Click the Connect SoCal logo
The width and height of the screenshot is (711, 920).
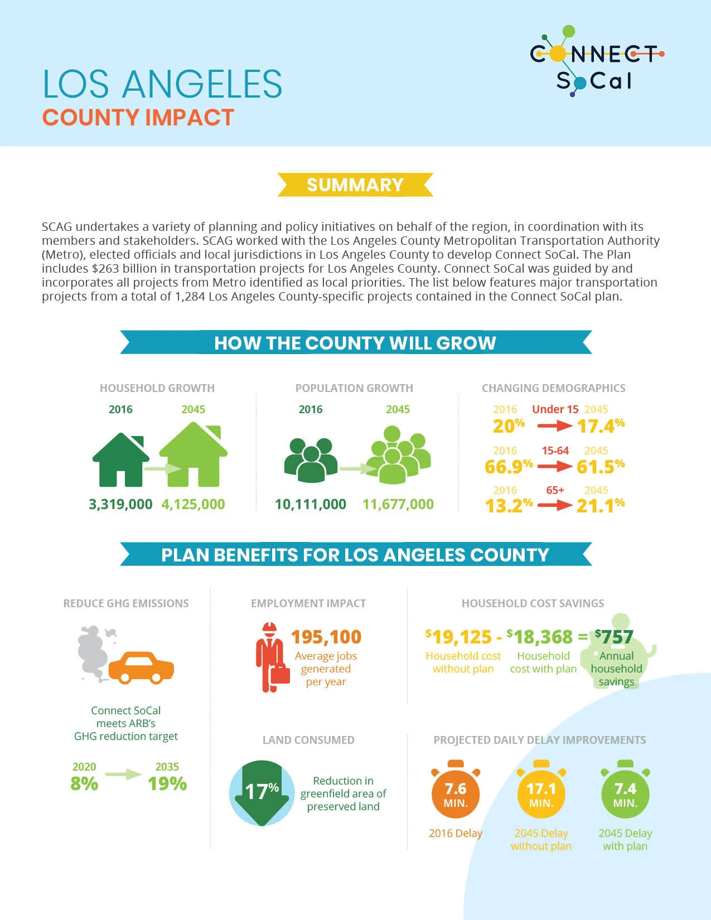[597, 61]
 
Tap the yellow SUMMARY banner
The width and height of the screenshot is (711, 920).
[355, 185]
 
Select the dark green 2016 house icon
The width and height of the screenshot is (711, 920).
[120, 459]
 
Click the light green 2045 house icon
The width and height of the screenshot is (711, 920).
[193, 455]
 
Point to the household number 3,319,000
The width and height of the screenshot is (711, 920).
[120, 504]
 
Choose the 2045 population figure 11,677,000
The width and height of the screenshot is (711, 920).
[398, 504]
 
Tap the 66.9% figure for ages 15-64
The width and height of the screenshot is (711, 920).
[509, 467]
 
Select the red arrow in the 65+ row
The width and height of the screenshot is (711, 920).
[555, 505]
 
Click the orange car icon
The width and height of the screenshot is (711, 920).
[141, 667]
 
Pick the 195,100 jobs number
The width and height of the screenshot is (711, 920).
[326, 637]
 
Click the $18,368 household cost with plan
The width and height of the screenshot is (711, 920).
[539, 637]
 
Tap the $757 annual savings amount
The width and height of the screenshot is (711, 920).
[614, 637]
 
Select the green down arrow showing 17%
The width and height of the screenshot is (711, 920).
[262, 792]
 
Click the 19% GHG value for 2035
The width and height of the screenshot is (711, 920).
[167, 783]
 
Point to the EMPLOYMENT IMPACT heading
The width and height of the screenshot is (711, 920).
[308, 603]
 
